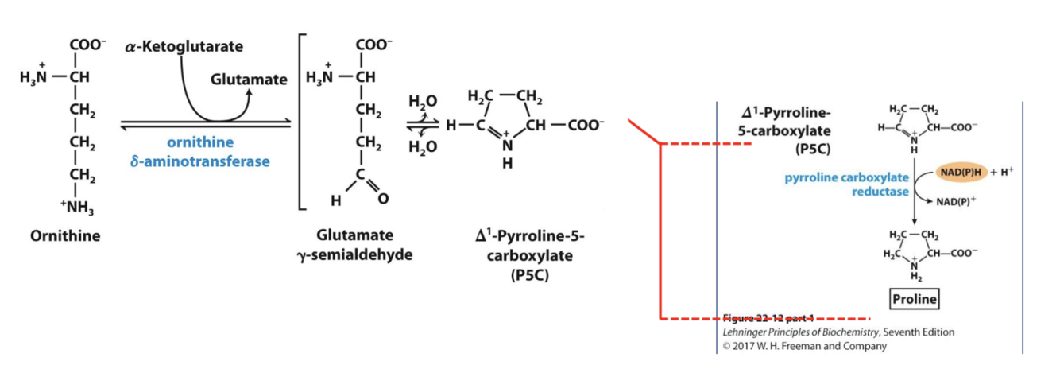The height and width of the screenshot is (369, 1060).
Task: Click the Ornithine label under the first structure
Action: [66, 237]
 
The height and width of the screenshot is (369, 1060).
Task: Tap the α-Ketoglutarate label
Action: [184, 48]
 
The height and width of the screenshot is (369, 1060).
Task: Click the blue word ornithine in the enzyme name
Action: [200, 142]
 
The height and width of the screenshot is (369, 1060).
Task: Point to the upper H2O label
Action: [422, 102]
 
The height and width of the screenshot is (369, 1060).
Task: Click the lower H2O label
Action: [422, 149]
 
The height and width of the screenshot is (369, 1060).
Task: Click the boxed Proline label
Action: [914, 300]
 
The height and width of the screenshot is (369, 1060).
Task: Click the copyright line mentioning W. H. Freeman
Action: [804, 346]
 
